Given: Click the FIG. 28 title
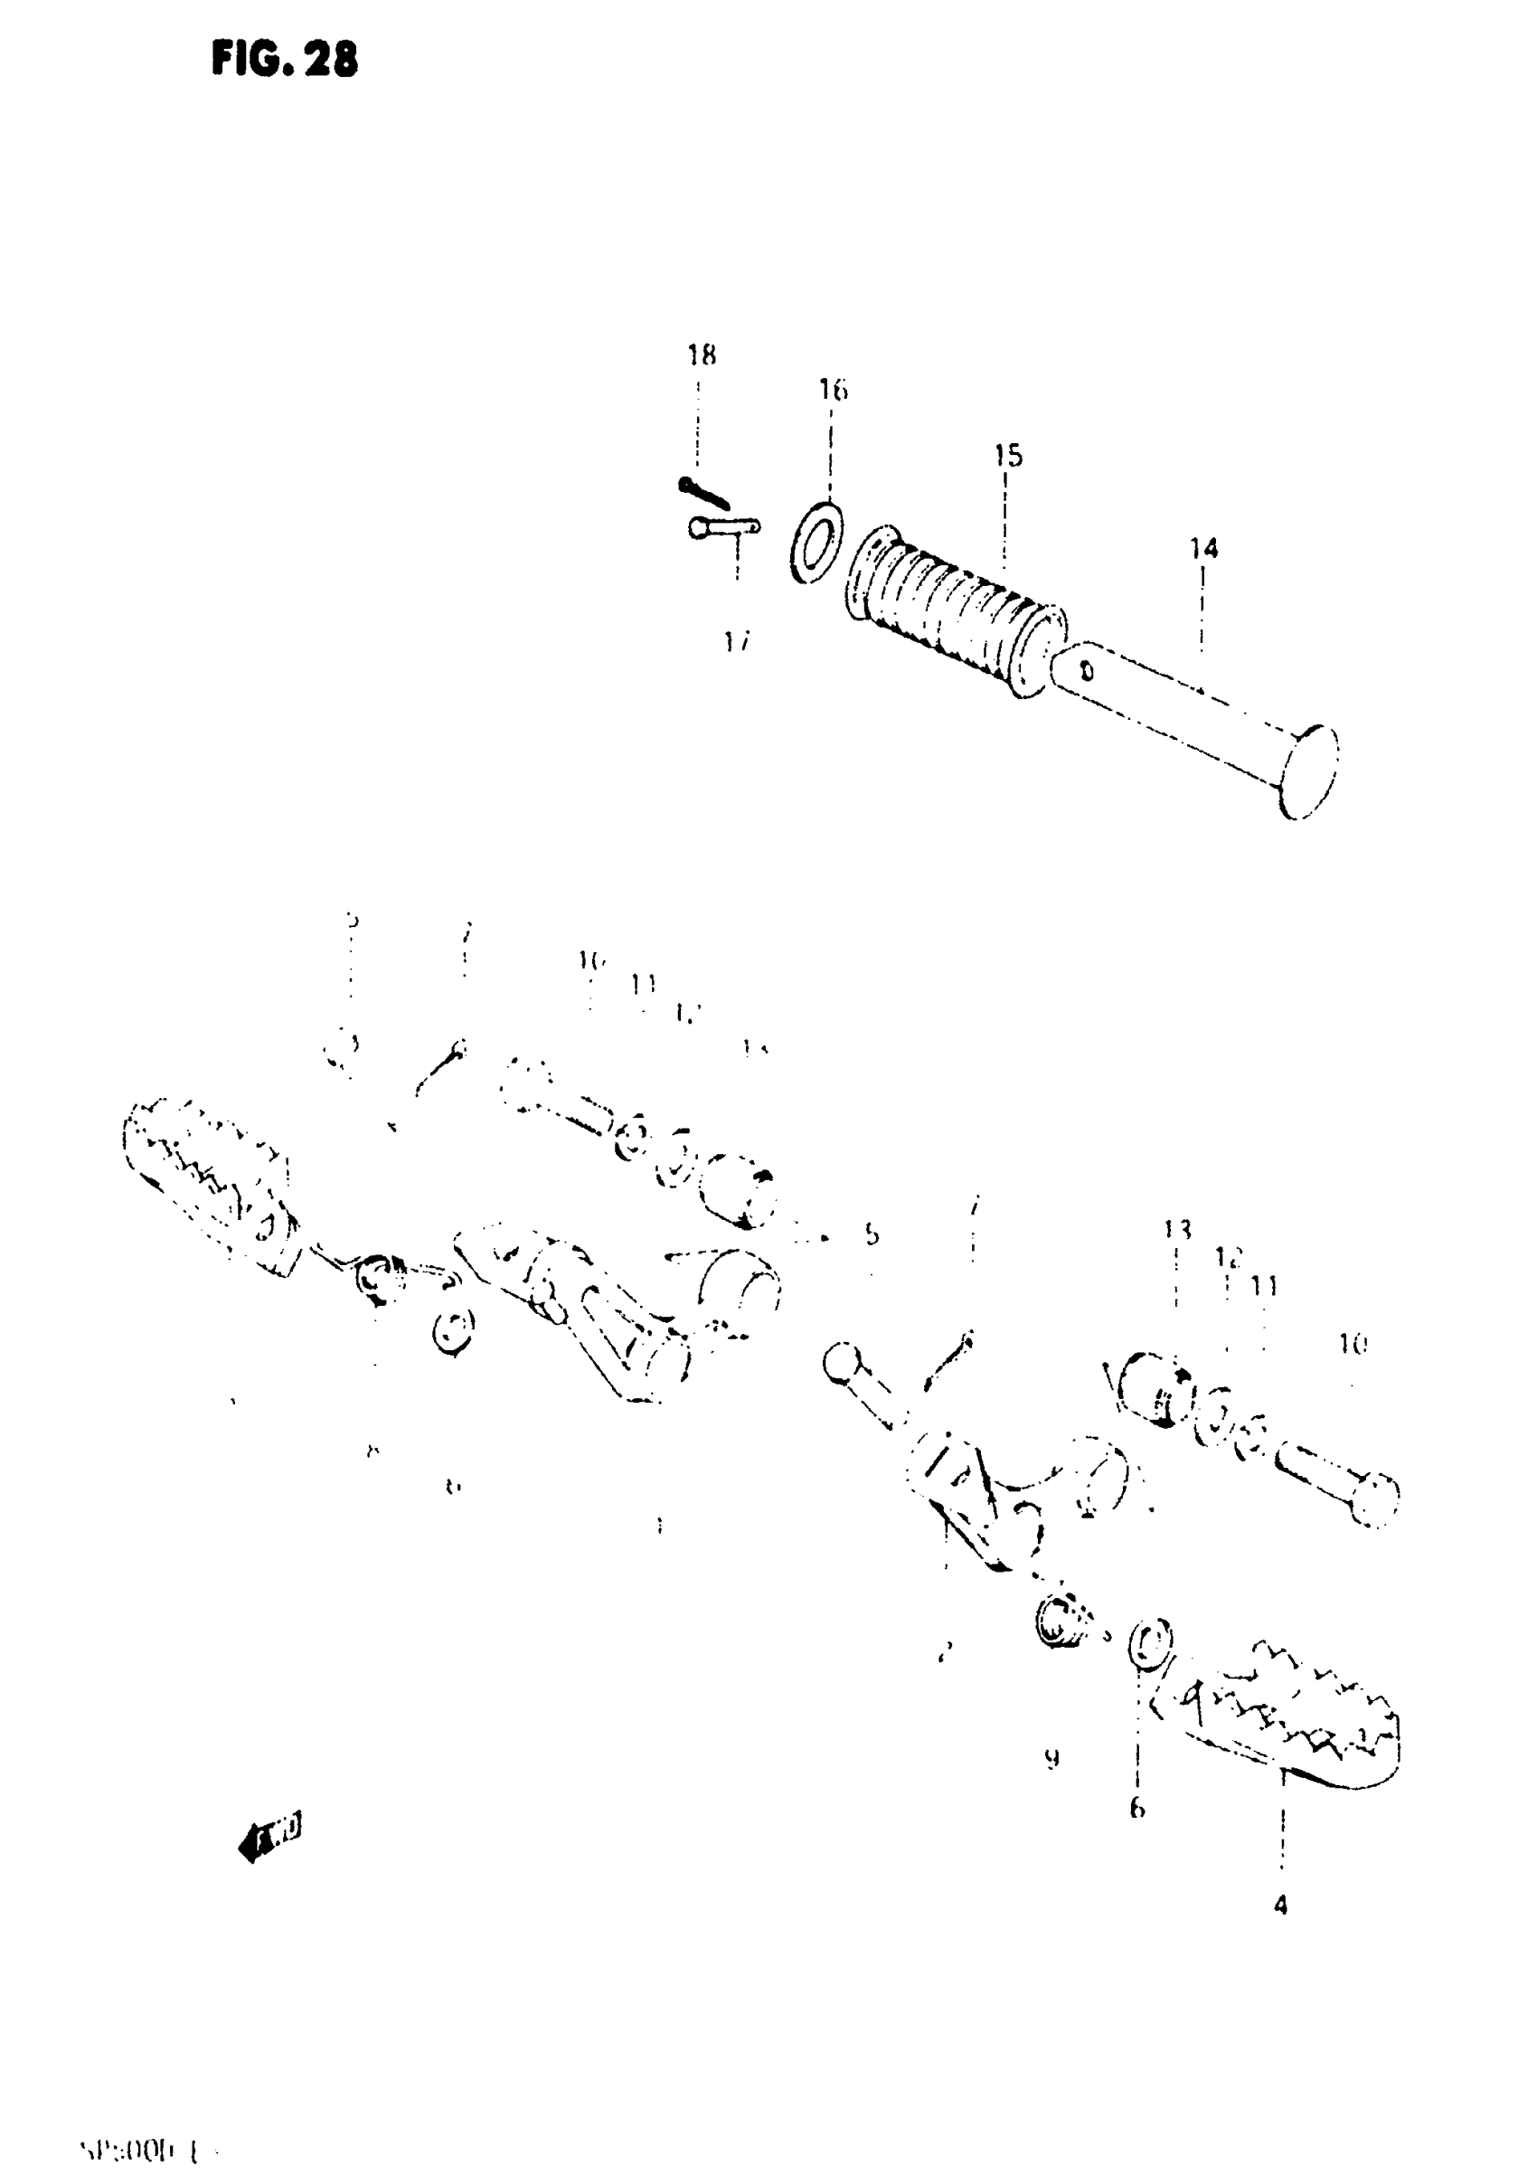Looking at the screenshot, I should click(285, 60).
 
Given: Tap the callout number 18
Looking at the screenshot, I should click(702, 355).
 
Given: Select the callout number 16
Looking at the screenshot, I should click(834, 390).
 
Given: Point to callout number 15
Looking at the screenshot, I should click(1008, 457).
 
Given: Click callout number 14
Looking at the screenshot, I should click(1203, 549).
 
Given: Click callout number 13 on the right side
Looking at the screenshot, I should click(1176, 1230).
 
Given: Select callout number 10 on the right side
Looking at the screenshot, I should click(1353, 1344).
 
